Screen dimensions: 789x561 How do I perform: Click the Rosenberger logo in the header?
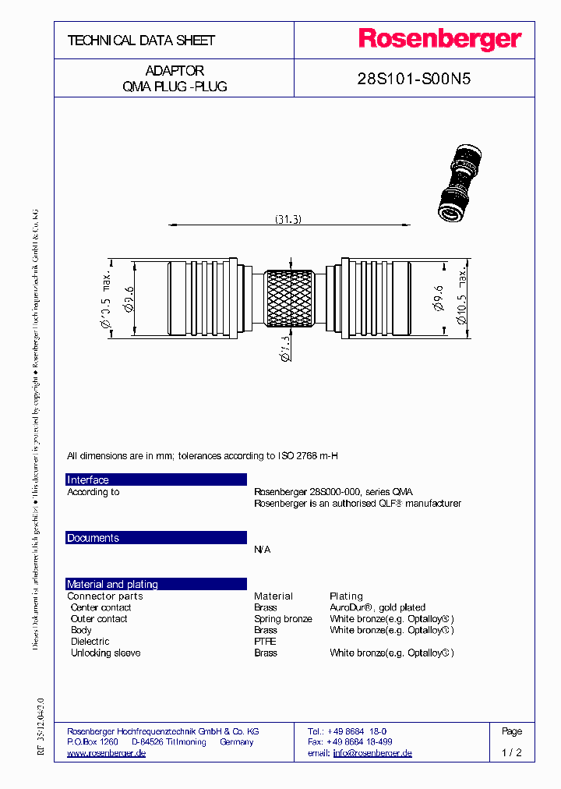pyautogui.click(x=439, y=40)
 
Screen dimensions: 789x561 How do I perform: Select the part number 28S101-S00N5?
pyautogui.click(x=413, y=79)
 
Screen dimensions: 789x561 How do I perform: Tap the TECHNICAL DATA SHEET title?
pyautogui.click(x=141, y=40)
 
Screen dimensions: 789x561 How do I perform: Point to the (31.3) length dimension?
pyautogui.click(x=288, y=220)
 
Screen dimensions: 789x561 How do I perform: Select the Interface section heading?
pyautogui.click(x=88, y=479)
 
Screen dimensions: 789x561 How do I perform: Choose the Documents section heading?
pyautogui.click(x=93, y=538)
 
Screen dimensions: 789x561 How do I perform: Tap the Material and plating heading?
pyautogui.click(x=112, y=584)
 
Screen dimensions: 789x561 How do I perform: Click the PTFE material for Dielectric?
pyautogui.click(x=265, y=642)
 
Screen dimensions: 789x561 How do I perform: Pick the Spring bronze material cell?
pyautogui.click(x=283, y=619)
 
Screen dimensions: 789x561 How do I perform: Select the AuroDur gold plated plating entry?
pyautogui.click(x=377, y=607)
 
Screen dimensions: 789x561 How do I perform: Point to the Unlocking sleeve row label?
pyautogui.click(x=105, y=653)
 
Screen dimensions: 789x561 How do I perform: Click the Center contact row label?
pyautogui.click(x=101, y=607)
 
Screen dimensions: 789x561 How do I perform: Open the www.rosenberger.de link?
pyautogui.click(x=106, y=753)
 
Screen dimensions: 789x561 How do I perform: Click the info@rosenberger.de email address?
pyautogui.click(x=372, y=753)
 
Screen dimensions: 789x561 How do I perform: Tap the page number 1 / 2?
pyautogui.click(x=512, y=753)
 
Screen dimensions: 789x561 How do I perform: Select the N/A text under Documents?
pyautogui.click(x=262, y=550)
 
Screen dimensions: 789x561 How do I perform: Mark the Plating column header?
pyautogui.click(x=346, y=596)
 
